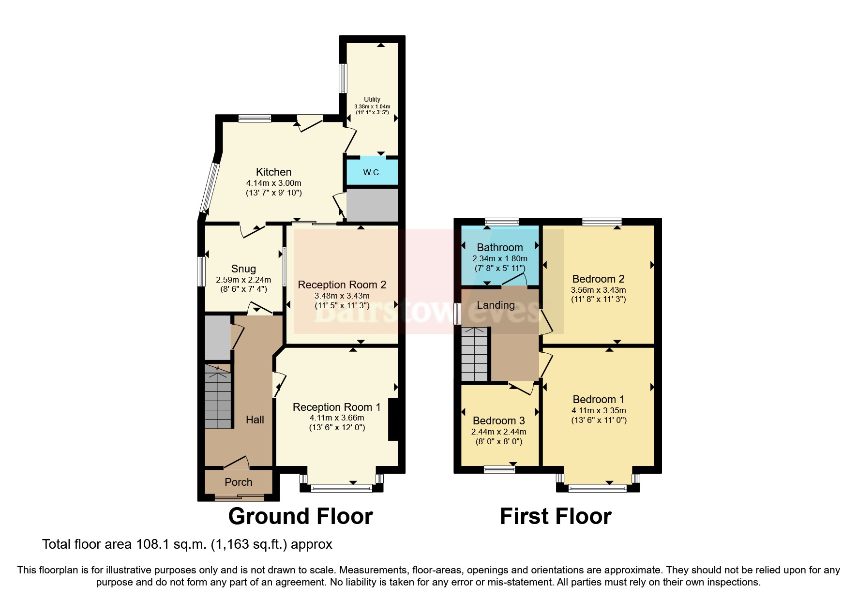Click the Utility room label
[x=372, y=99]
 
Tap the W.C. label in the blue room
[x=372, y=172]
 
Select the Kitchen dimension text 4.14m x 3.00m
[x=273, y=183]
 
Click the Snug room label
[x=243, y=269]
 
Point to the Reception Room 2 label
[x=342, y=285]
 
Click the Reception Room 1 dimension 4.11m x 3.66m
[x=337, y=418]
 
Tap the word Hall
[x=255, y=420]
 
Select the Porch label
[x=238, y=482]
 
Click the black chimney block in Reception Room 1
[x=393, y=419]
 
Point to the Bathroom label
[x=499, y=247]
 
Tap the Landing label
[x=496, y=305]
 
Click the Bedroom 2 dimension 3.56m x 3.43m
[x=598, y=290]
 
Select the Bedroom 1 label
[x=598, y=399]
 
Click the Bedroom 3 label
[x=498, y=420]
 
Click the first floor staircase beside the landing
[x=474, y=354]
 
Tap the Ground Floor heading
[x=300, y=516]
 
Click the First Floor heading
[x=555, y=516]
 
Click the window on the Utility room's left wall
[x=343, y=78]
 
